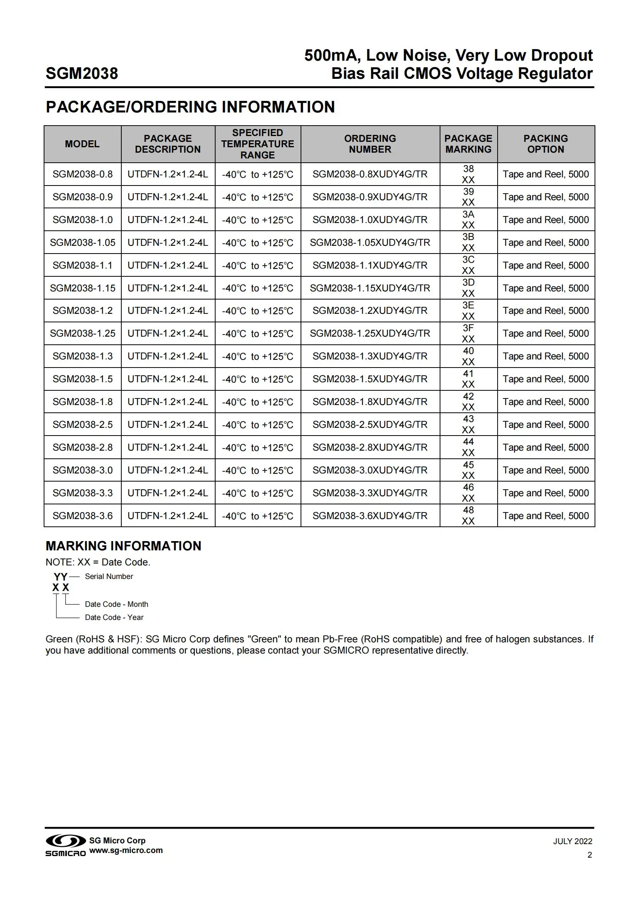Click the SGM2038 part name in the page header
pos(82,74)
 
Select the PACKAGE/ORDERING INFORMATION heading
pos(190,107)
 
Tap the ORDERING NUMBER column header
pos(370,144)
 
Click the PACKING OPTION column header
pos(546,144)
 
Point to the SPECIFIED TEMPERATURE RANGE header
pos(257,144)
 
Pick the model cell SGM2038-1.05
pos(83,243)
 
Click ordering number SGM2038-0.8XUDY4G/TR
pos(370,174)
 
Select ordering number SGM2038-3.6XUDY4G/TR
pos(370,516)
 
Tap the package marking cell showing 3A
pos(468,220)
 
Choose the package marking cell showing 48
pos(468,516)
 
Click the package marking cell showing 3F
pos(468,334)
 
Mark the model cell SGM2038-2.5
pos(83,425)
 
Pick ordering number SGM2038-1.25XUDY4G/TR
pos(370,334)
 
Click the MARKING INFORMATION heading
pos(123,546)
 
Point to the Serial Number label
pos(109,576)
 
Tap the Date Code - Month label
pos(116,604)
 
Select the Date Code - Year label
pos(114,617)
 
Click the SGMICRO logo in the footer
pos(66,845)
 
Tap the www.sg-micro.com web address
pos(126,850)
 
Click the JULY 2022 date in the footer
pos(573,841)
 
